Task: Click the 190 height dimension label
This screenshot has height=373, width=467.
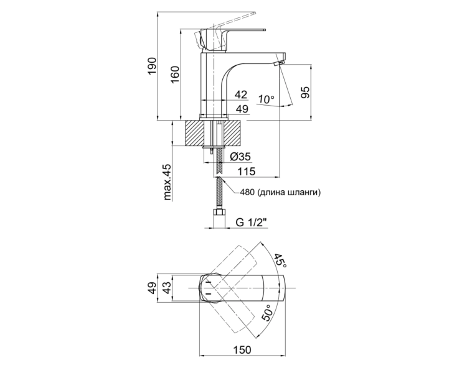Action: [152, 67]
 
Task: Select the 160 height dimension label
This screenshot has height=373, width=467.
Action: [176, 75]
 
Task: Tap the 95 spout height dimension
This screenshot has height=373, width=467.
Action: [305, 93]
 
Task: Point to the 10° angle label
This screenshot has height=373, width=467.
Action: [266, 99]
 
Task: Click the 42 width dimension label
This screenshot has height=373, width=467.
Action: [241, 94]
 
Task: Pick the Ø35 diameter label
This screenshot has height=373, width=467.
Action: [240, 157]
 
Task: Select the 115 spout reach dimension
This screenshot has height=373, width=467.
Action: [246, 172]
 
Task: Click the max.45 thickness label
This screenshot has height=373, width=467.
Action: [167, 182]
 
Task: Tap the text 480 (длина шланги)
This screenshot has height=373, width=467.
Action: [281, 193]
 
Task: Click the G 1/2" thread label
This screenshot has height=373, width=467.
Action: [251, 222]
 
